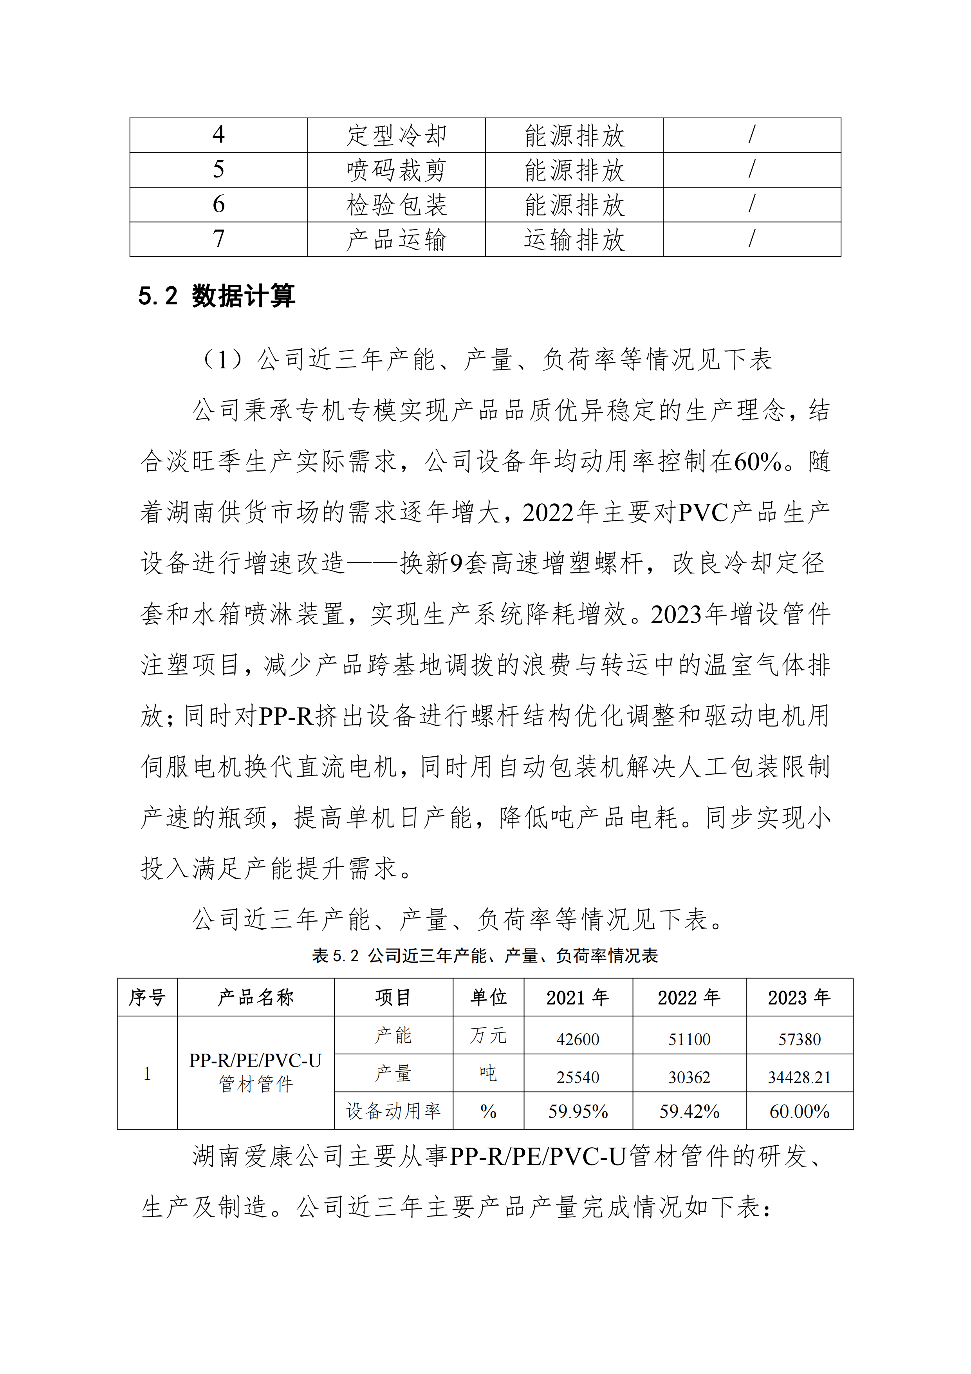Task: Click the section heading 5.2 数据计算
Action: (217, 296)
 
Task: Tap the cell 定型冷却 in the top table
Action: (396, 135)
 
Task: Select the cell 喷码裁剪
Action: (396, 170)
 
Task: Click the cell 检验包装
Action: (396, 205)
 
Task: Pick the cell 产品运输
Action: (396, 239)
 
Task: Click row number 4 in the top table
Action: (218, 135)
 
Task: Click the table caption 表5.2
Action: (485, 956)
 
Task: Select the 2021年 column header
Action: (578, 998)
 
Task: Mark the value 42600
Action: (578, 1040)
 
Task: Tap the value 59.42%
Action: (689, 1112)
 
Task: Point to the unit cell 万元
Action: (488, 1036)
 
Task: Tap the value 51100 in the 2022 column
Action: (689, 1040)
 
